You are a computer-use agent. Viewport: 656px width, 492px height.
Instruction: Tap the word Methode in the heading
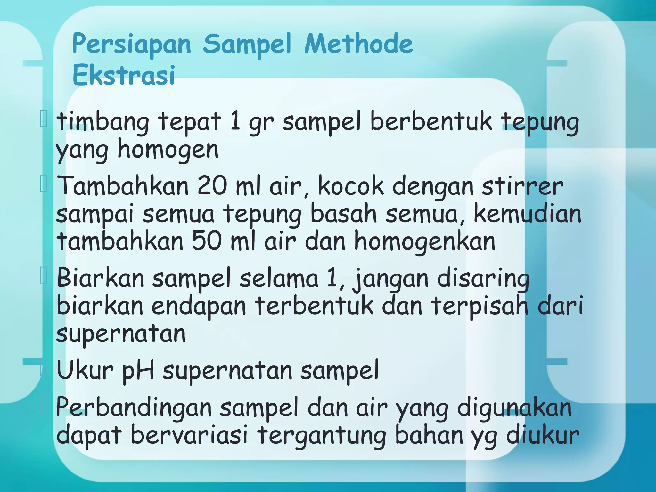358,44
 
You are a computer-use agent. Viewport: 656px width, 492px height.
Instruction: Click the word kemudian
527,214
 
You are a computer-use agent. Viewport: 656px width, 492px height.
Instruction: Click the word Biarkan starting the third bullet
101,278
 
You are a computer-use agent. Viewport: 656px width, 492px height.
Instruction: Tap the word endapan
199,306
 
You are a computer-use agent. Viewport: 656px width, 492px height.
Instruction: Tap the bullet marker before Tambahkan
44,185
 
